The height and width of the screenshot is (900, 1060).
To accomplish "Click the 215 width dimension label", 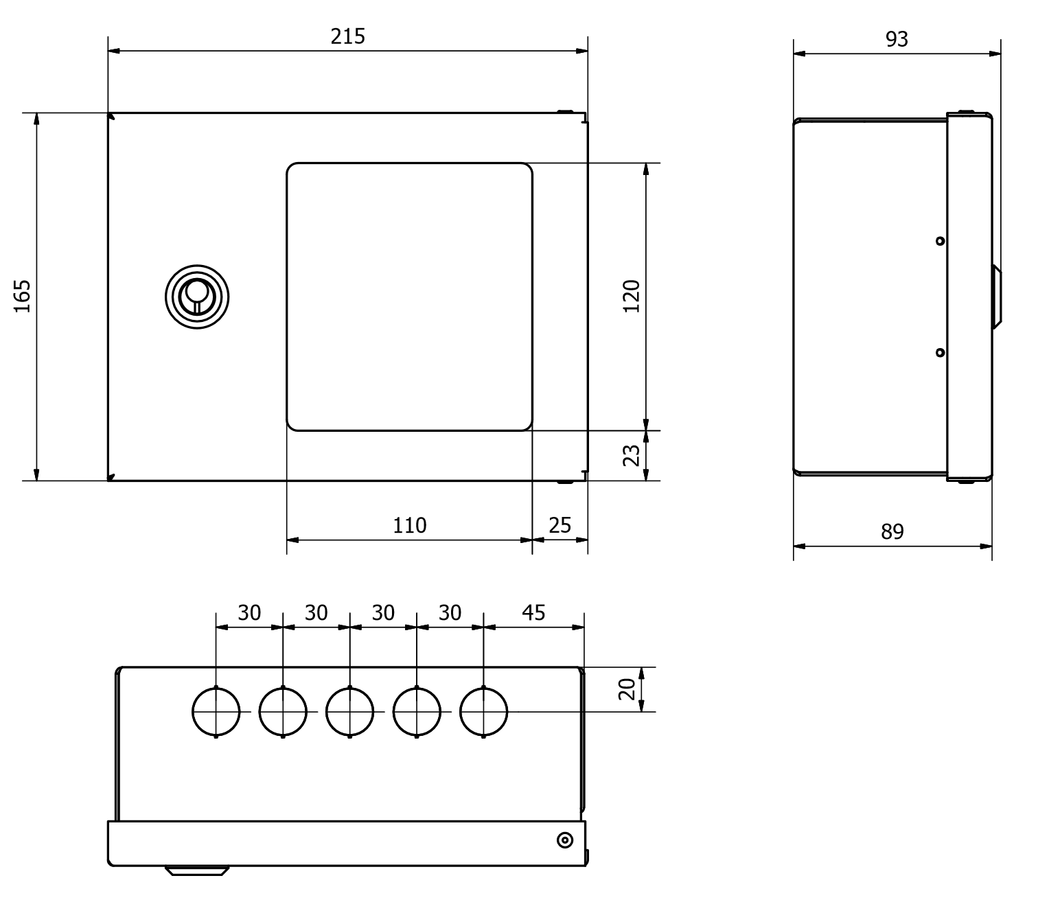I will pos(347,36).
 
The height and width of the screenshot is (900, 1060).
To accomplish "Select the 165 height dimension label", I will pos(23,296).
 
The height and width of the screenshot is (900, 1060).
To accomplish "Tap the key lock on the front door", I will pos(196,297).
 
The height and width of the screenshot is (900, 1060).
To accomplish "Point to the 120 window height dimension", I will pos(631,296).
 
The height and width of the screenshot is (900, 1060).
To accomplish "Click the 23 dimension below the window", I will pos(631,456).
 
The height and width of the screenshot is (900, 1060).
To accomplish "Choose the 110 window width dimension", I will pos(409,525).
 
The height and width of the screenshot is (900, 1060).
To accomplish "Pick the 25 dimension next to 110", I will pos(560,525).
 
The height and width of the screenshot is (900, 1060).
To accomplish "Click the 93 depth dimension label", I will pos(896,40).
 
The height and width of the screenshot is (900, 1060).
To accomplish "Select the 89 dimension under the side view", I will pos(892,531).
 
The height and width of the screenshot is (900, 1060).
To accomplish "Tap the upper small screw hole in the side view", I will pos(940,241).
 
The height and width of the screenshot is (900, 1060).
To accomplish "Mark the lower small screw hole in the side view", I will pos(940,352).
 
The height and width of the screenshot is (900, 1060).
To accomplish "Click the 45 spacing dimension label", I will pos(533,612).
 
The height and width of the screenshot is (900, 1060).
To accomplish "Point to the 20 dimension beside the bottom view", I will pos(626,689).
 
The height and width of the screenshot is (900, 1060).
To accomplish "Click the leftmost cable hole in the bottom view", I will pos(216,712).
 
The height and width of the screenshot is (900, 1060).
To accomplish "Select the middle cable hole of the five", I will pos(350,712).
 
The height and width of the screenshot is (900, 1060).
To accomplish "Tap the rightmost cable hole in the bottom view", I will pos(483,712).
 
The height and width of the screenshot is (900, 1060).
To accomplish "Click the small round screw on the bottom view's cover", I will pos(564,840).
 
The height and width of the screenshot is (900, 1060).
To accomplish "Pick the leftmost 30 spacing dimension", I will pos(249,612).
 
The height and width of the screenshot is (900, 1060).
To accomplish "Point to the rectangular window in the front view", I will pos(409,297).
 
